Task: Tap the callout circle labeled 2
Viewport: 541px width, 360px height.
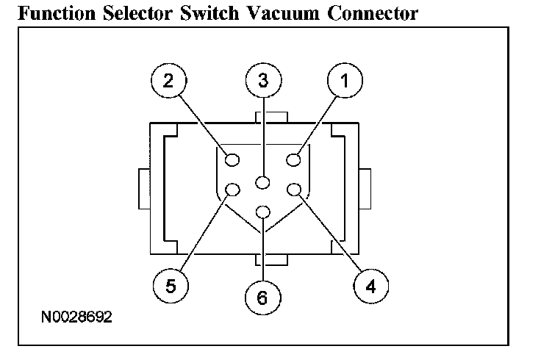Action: tap(169, 82)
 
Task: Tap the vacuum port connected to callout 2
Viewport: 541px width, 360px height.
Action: tap(232, 159)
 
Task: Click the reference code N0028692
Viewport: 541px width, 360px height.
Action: tap(76, 320)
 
